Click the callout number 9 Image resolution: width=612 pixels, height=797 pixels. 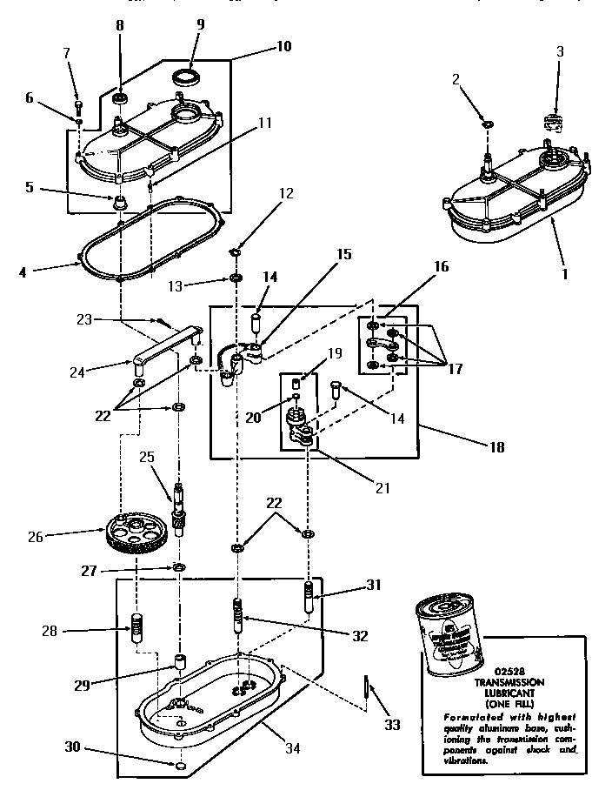coord(200,25)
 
